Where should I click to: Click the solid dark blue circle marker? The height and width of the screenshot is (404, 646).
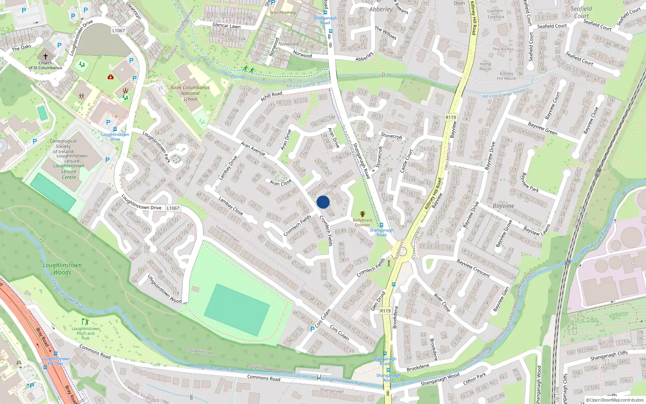click(x=323, y=202)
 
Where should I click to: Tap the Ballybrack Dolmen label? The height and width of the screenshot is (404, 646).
click(x=362, y=223)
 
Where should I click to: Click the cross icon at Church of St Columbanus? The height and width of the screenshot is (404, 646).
click(x=45, y=57)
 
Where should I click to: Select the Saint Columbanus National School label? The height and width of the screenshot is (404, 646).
click(x=190, y=93)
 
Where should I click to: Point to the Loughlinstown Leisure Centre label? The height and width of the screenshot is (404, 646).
click(x=69, y=171)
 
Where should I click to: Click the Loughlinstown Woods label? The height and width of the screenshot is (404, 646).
click(x=62, y=269)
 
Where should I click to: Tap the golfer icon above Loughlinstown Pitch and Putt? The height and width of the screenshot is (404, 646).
click(x=85, y=322)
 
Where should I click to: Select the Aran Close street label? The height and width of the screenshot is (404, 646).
click(x=281, y=183)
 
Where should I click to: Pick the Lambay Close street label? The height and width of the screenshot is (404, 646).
click(x=231, y=206)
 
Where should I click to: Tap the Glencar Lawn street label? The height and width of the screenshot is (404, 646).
click(x=226, y=25)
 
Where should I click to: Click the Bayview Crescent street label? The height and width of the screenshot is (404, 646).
click(x=473, y=268)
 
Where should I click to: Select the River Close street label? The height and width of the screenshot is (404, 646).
click(x=442, y=303)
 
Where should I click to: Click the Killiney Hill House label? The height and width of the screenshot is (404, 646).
click(x=507, y=76)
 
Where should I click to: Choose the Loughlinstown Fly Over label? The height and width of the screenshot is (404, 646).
click(x=56, y=361)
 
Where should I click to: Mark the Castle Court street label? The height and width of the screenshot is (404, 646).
click(x=406, y=161)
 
